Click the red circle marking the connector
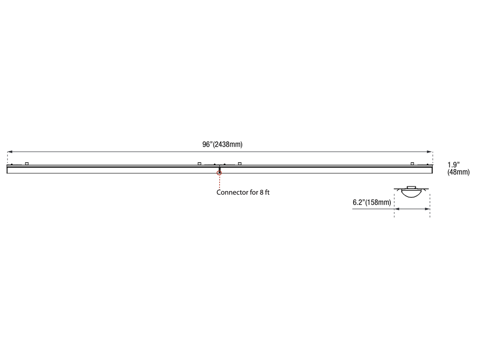click(x=219, y=173)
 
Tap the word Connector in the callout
click(x=231, y=192)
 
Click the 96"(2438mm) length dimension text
click(x=222, y=144)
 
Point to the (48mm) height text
click(x=458, y=172)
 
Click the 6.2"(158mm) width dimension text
click(x=372, y=202)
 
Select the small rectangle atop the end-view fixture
click(x=412, y=187)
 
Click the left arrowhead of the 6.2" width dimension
click(x=396, y=209)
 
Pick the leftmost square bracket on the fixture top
click(x=27, y=163)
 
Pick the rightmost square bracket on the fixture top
click(x=412, y=164)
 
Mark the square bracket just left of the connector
click(x=199, y=163)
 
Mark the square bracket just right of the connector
click(x=240, y=163)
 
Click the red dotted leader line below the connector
click(x=219, y=182)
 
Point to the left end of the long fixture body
click(x=8, y=170)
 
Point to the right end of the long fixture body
click(x=432, y=170)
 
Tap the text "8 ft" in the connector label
click(x=264, y=192)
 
